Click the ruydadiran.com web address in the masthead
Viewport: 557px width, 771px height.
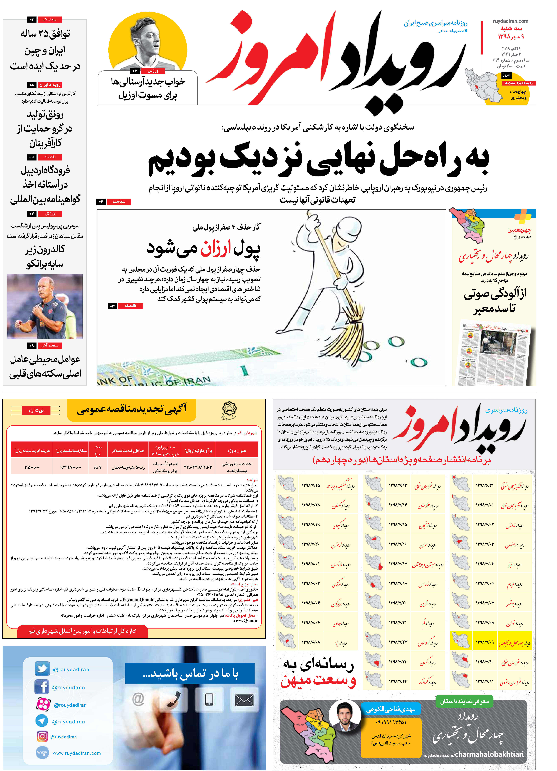tap(510, 21)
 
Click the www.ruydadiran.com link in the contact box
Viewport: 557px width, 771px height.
tap(77, 753)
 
